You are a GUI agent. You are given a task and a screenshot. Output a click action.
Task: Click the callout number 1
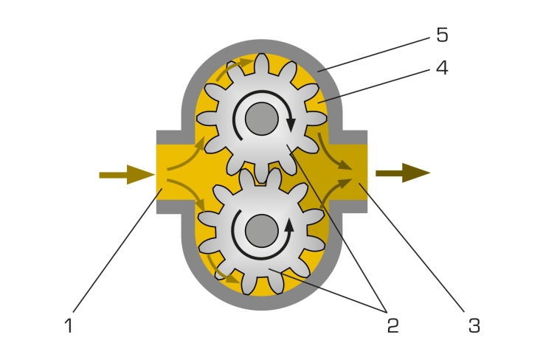tap(69, 325)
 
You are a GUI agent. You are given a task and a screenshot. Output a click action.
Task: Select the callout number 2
tap(393, 325)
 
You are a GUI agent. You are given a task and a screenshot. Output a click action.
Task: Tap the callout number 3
tap(474, 325)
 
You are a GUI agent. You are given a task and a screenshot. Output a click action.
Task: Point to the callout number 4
tap(442, 68)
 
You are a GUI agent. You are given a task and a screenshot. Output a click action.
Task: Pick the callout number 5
tap(442, 35)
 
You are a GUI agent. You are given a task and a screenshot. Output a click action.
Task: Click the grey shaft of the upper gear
tap(261, 119)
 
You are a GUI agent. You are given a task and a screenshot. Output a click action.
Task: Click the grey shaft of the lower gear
tap(261, 231)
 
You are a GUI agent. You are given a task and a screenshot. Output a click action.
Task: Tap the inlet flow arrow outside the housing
tap(127, 175)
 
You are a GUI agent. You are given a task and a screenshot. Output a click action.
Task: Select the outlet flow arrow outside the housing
tap(403, 173)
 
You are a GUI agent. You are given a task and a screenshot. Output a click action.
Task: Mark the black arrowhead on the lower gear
tap(290, 225)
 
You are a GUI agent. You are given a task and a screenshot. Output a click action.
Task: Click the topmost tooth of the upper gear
tap(261, 63)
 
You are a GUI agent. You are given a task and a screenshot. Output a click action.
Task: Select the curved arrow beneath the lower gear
tap(220, 272)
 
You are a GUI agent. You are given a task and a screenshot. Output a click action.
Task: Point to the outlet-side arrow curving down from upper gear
tap(331, 153)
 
